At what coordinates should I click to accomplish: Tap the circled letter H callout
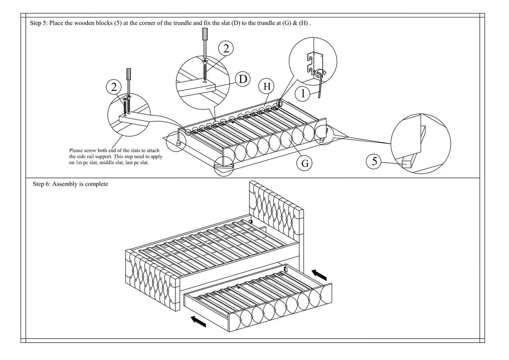[267, 86]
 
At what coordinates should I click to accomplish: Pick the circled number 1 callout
[303, 92]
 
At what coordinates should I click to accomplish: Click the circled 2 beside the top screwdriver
[226, 48]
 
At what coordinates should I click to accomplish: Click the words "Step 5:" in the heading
[40, 23]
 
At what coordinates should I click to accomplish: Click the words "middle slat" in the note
[108, 163]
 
